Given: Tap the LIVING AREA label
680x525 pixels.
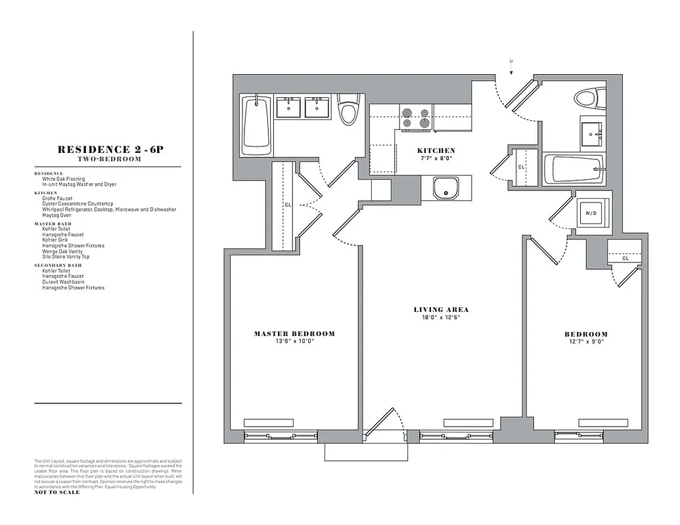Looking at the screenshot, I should tap(441, 310).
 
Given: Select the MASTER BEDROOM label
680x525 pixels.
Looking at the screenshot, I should tap(294, 334).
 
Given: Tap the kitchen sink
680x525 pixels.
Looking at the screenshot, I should tap(447, 188).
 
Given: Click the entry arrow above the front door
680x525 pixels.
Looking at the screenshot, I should tap(511, 64).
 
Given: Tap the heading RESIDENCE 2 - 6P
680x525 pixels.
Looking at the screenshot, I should tap(110, 150).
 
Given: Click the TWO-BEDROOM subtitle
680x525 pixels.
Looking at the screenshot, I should tap(110, 159).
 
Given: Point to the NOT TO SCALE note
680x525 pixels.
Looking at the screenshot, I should tap(57, 492).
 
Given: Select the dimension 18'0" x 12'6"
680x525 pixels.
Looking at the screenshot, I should tap(441, 318).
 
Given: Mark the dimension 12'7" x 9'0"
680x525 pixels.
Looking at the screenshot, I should tap(586, 341).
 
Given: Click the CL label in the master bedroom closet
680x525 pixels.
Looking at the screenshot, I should tap(288, 205).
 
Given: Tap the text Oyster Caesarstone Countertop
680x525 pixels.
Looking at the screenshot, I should tap(78, 204).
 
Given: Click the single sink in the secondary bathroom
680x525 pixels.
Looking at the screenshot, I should tap(593, 134).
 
